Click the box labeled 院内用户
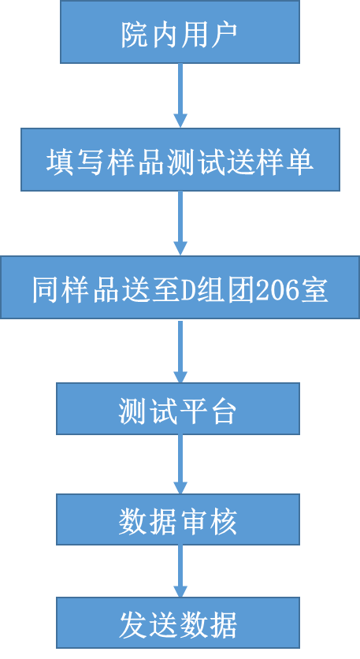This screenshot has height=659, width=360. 180,32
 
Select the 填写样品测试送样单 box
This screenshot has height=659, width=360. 180,160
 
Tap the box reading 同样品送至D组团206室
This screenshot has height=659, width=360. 180,288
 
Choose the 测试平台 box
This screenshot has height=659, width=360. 178,408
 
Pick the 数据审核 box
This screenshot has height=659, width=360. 178,519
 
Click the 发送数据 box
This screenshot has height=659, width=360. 178,623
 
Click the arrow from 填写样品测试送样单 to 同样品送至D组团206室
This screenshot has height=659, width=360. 180,224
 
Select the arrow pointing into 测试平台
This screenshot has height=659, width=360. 180,351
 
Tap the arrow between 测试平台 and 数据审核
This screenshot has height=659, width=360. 180,464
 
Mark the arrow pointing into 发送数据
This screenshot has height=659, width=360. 180,572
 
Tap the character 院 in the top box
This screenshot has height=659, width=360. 135,35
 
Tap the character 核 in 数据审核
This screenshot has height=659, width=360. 223,522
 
